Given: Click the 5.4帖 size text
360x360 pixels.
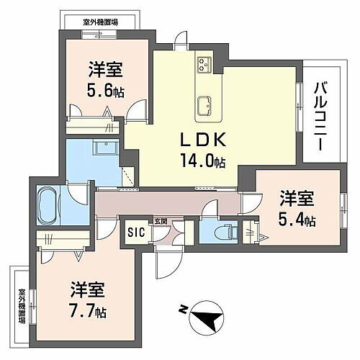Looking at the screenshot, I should click(297, 220).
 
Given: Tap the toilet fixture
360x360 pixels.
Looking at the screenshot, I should click(225, 232).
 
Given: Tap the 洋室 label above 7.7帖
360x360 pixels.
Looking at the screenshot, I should click(88, 291).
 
